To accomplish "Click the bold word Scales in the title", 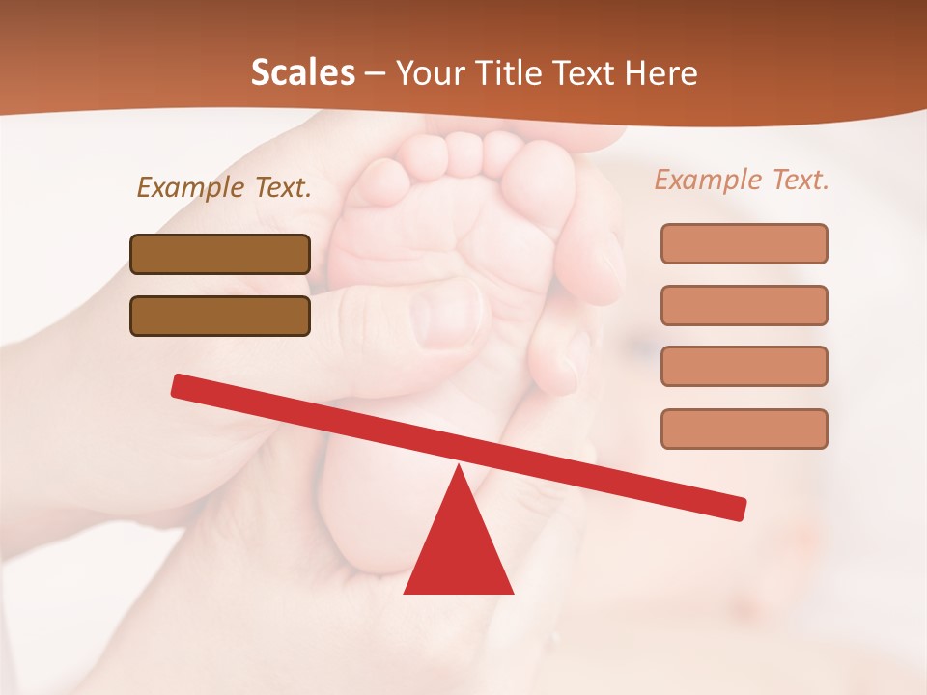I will pyautogui.click(x=302, y=73).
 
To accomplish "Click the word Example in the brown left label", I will pyautogui.click(x=189, y=187).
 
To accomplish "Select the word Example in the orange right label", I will pyautogui.click(x=707, y=180).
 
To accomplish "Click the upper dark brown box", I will pyautogui.click(x=220, y=255).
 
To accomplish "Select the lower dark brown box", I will pyautogui.click(x=220, y=316).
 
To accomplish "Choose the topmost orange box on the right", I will pyautogui.click(x=744, y=243).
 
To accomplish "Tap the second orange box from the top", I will pyautogui.click(x=744, y=305).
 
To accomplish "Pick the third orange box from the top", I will pyautogui.click(x=744, y=366).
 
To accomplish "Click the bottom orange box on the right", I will pyautogui.click(x=744, y=429).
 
